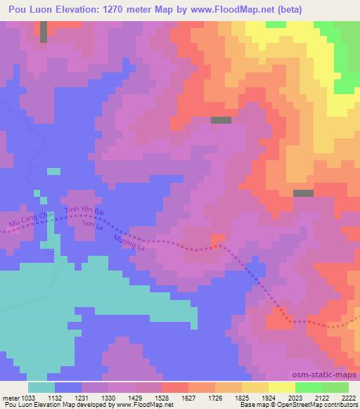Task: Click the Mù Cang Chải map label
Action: [x=27, y=220]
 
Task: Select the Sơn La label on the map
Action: [x=94, y=226]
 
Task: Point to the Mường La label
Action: [x=129, y=246]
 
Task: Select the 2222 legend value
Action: [x=348, y=398]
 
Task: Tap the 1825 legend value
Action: [x=241, y=398]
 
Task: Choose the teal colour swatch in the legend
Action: [x=41, y=387]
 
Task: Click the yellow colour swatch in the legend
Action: [x=281, y=387]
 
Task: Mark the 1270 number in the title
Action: [x=139, y=9]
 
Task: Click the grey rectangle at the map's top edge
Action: [x=44, y=32]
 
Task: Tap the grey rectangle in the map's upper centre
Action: [x=221, y=120]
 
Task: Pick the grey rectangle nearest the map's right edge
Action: [x=303, y=193]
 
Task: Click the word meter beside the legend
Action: [x=10, y=398]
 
